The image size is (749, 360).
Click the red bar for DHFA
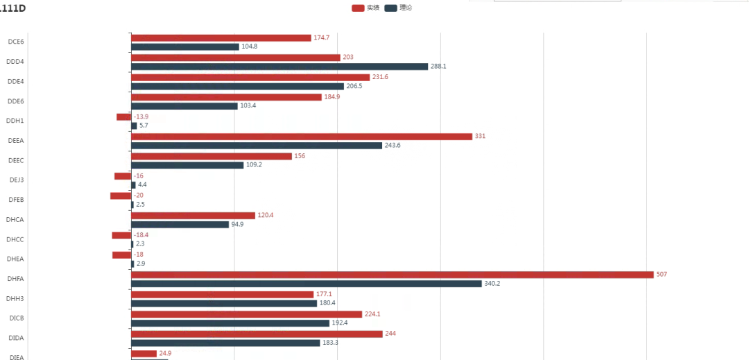(392, 275)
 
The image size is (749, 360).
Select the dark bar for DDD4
(279, 67)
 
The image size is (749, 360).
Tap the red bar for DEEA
(301, 137)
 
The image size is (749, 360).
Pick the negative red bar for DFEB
(121, 196)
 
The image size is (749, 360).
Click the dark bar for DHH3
(224, 303)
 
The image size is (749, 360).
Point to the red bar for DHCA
(193, 216)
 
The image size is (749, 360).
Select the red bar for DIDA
(257, 334)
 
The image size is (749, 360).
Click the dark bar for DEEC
(187, 165)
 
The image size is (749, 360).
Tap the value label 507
(662, 275)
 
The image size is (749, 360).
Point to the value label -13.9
(141, 117)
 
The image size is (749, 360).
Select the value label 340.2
(493, 284)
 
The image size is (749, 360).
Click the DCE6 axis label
(16, 42)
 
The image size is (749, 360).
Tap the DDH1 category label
(16, 121)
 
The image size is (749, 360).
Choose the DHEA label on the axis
(16, 259)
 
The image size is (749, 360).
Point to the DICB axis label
(16, 318)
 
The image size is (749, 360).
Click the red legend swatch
(358, 8)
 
